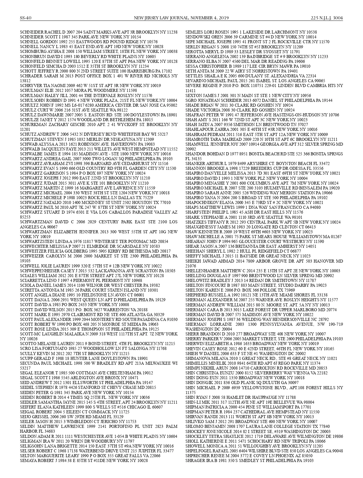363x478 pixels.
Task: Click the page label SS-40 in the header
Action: click(26, 18)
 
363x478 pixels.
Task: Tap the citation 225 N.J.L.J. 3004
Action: click(327, 18)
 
